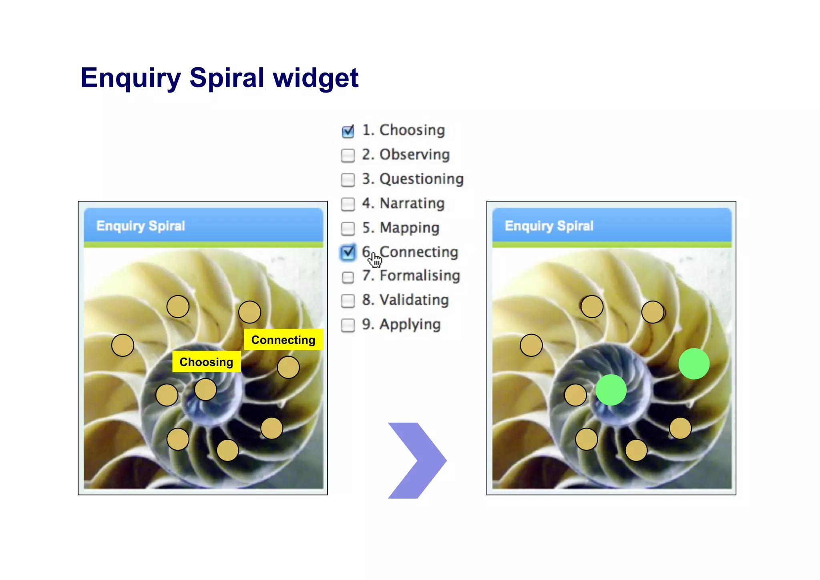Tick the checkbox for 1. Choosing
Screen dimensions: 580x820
pos(348,131)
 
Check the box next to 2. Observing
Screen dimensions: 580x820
pos(348,155)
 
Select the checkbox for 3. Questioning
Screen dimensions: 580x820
pos(348,180)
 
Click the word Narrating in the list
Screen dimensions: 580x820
pos(412,203)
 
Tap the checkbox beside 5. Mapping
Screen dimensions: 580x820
pos(348,228)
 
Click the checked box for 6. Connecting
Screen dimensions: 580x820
pos(348,253)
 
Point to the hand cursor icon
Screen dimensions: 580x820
pos(375,260)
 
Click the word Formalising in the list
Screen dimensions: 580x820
pos(420,276)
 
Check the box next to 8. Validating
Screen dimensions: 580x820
pos(348,301)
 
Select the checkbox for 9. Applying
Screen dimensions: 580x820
pos(348,325)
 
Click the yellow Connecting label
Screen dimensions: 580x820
pos(283,340)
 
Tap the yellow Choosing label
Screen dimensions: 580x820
pos(206,362)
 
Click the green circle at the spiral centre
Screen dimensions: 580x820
pos(611,390)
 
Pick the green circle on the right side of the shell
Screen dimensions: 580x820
pos(694,364)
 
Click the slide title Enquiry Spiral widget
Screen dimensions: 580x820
pos(219,77)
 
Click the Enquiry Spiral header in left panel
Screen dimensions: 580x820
pos(141,226)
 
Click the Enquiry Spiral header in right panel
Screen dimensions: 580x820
pos(549,226)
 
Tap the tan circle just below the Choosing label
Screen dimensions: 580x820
pos(205,389)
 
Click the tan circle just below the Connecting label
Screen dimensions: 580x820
pos(288,367)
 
